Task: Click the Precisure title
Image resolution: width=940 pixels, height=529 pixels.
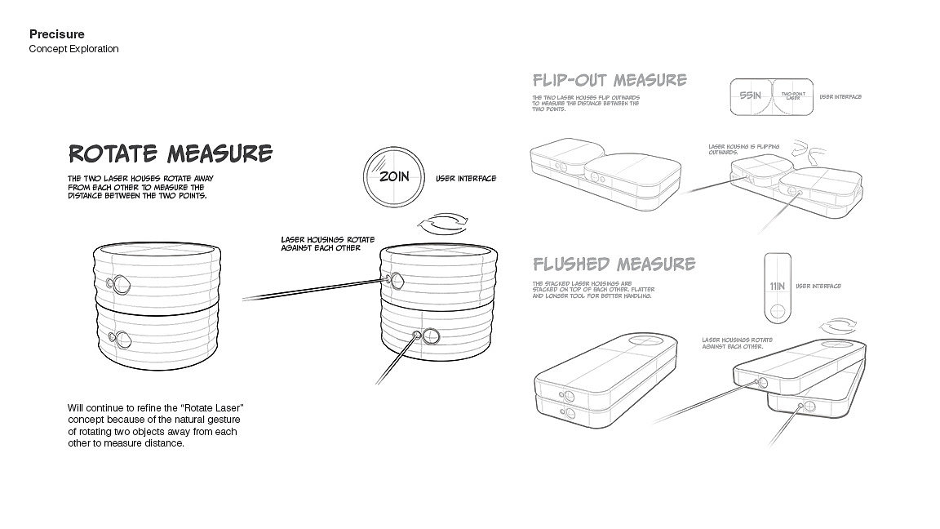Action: coord(56,34)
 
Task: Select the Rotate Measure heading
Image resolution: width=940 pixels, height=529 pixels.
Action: coord(170,153)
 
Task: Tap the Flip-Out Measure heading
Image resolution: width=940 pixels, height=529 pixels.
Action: coord(609,80)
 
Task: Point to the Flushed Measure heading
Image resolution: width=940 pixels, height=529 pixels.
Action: coord(614,264)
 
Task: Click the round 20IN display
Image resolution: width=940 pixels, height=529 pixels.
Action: coord(392,176)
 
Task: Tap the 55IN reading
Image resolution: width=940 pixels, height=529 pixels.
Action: coord(749,96)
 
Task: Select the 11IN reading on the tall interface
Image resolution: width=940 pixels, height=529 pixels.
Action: coord(777,287)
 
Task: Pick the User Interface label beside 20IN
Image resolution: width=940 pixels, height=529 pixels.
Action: coord(465,178)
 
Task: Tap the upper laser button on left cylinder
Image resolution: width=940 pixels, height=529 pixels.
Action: coord(121,284)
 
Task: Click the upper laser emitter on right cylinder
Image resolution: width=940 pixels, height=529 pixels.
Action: coord(395,281)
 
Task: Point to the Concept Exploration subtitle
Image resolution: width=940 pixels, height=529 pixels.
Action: coord(73,49)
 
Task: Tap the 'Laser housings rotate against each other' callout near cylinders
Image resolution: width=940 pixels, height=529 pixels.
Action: coord(327,243)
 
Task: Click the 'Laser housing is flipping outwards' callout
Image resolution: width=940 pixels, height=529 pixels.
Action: coord(743,149)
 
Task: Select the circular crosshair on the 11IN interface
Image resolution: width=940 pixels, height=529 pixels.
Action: coord(777,311)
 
